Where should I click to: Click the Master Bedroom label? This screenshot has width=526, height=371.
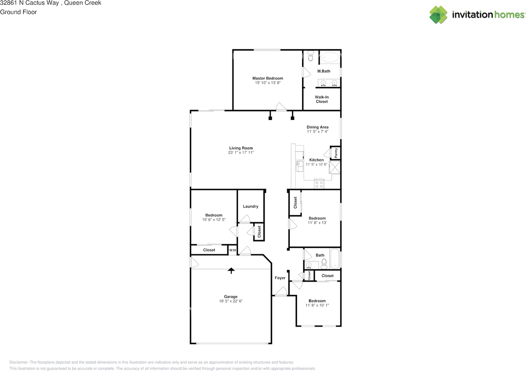pos(268,78)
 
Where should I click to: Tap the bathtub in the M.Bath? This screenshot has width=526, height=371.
pos(330,57)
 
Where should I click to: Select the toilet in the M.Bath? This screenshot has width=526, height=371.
pos(310,56)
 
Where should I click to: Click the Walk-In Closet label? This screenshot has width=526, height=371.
pos(321,99)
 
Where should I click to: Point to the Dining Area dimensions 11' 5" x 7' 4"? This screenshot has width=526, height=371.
pos(317,132)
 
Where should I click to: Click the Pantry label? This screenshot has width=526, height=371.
pos(336,153)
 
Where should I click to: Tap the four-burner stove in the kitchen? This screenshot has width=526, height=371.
pos(319,184)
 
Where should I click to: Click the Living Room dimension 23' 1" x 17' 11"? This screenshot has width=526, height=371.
pos(241,153)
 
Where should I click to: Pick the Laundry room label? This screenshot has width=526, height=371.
pos(250,206)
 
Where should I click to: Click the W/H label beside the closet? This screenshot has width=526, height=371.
pos(232,250)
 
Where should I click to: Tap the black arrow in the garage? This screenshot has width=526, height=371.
pos(231,270)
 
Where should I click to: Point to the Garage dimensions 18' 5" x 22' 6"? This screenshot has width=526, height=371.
pos(231,301)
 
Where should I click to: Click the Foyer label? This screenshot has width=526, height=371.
pos(280,278)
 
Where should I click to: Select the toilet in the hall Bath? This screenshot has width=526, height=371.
pos(324,263)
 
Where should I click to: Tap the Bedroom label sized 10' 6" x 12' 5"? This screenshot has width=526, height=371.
pos(214,215)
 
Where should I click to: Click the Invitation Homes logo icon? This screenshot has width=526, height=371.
pos(438,15)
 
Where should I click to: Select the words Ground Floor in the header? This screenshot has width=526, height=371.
pos(18,12)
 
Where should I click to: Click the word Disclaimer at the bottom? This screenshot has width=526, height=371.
pos(19,362)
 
